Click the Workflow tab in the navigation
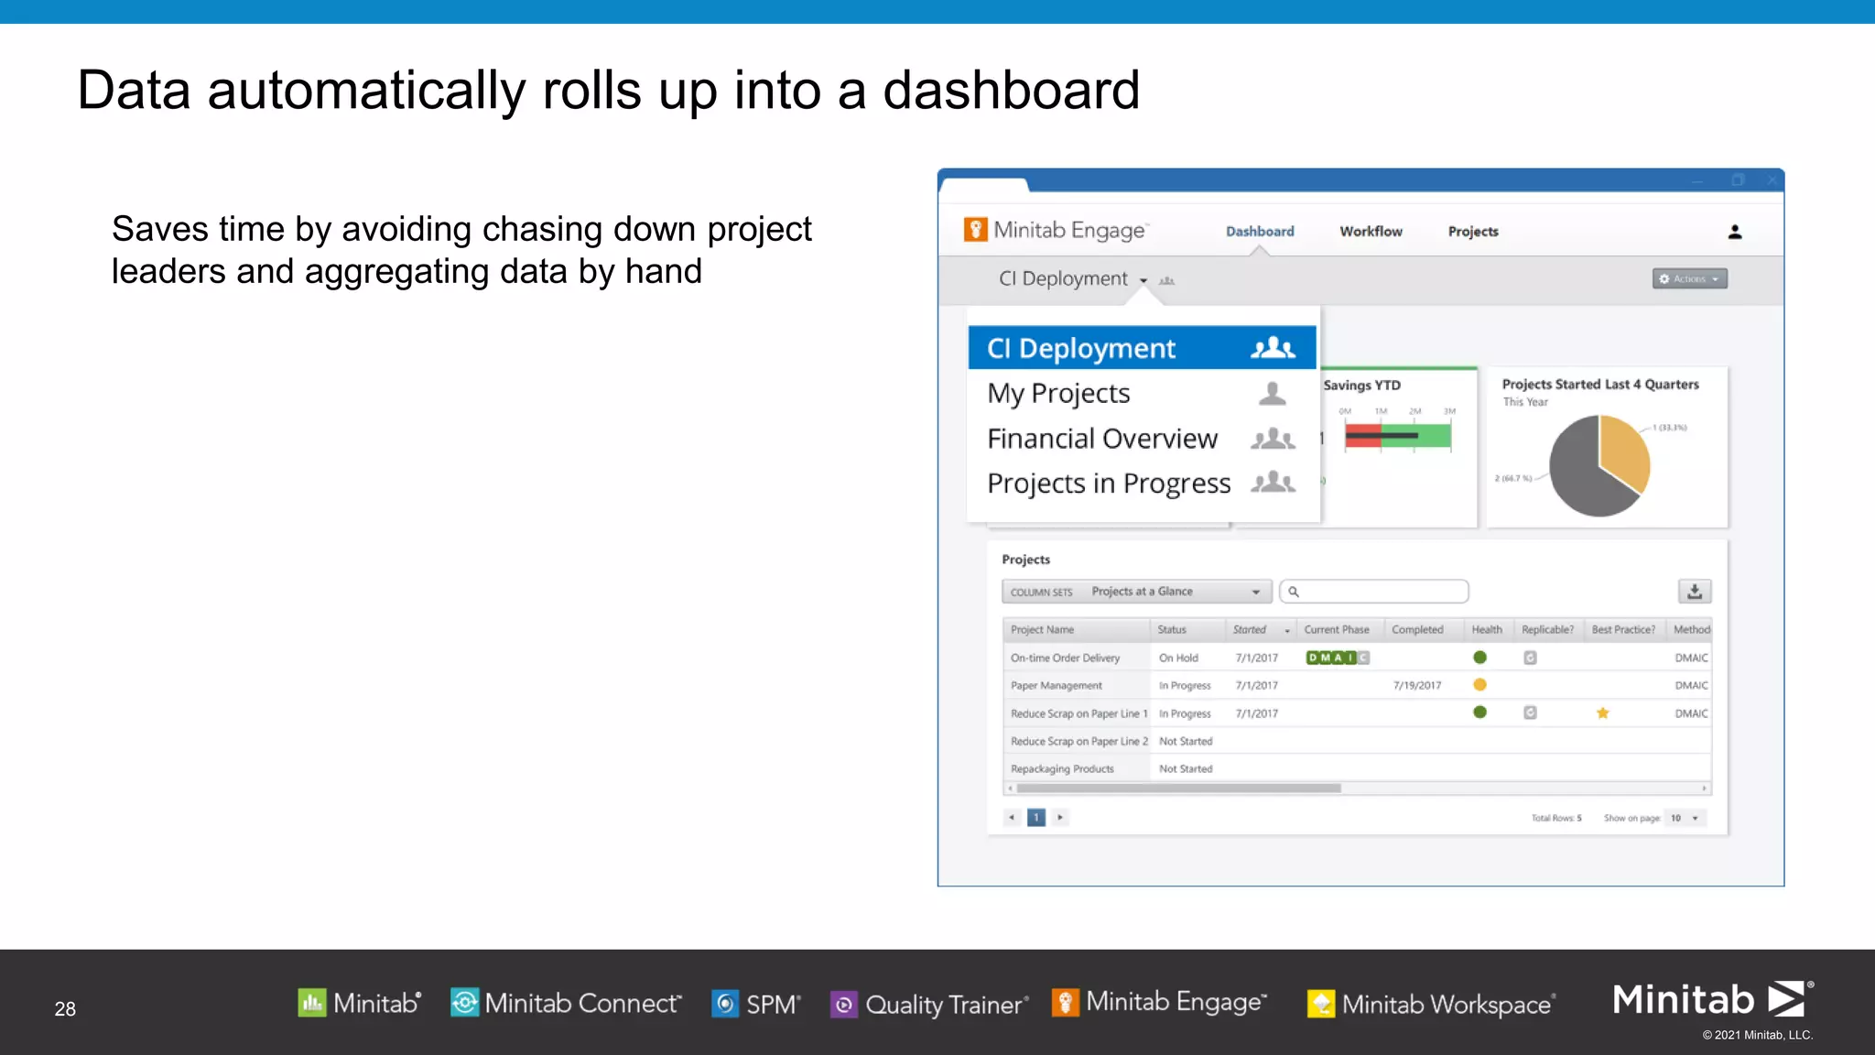[x=1371, y=232]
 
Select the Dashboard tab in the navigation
[x=1260, y=232]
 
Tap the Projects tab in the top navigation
[x=1472, y=232]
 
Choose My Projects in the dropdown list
[x=1058, y=394]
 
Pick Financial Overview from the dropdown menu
[x=1102, y=439]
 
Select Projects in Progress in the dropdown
[x=1109, y=484]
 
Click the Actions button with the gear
[x=1689, y=278]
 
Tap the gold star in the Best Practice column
[x=1602, y=713]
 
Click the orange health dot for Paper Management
[x=1479, y=685]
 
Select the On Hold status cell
[x=1178, y=658]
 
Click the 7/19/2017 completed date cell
[x=1416, y=685]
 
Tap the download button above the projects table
[x=1694, y=592]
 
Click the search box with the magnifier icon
[x=1373, y=592]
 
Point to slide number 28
[x=65, y=1008]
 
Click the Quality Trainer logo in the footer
[x=929, y=1005]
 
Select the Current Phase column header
[x=1336, y=630]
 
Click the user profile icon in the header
[x=1734, y=232]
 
